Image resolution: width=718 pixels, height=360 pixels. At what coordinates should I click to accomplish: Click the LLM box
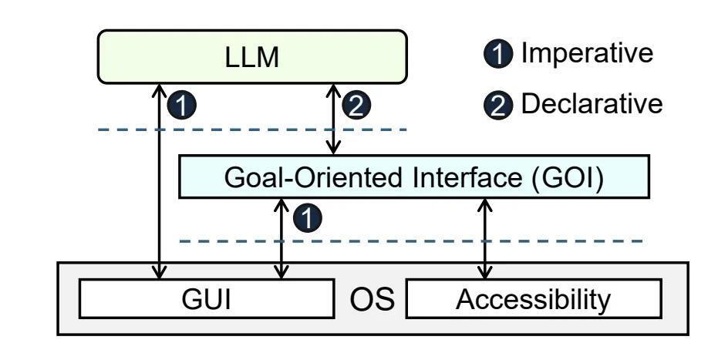coord(252,56)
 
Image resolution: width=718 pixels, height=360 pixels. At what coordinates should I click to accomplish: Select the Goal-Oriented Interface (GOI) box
coord(413,177)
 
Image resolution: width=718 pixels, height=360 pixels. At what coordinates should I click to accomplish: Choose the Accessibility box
coord(533,298)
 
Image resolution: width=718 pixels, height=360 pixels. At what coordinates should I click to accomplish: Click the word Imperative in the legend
coord(587,53)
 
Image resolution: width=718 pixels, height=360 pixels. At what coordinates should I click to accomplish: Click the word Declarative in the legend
coord(592,104)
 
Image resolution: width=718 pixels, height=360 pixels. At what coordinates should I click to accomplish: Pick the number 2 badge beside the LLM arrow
coord(360,106)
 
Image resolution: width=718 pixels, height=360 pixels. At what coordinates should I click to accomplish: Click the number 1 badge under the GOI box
coord(307,219)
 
